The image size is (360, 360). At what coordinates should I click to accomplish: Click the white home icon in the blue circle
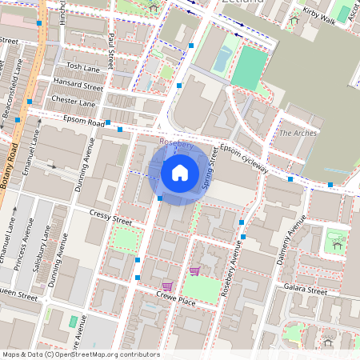tap(180, 171)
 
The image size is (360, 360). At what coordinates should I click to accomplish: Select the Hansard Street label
tap(78, 84)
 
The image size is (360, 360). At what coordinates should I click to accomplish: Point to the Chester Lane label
tap(73, 102)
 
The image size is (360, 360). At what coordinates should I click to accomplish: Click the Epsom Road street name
tap(85, 123)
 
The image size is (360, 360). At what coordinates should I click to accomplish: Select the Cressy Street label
tap(111, 218)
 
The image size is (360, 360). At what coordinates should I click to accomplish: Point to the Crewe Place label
tap(176, 301)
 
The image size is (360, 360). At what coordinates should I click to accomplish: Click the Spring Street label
tap(212, 173)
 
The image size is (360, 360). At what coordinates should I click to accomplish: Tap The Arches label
tap(298, 132)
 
